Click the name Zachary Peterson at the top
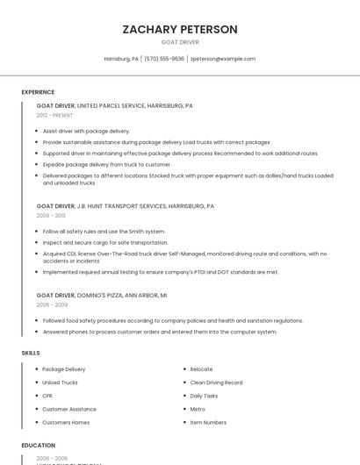point(180,29)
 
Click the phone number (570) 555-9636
point(164,59)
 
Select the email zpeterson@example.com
point(223,59)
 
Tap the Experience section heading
point(38,92)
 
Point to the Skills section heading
point(31,353)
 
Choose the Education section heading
point(39,446)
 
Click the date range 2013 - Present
point(54,115)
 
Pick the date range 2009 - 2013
point(51,215)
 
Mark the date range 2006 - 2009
point(51,304)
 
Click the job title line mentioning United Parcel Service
point(115,105)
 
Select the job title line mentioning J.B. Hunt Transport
point(126,205)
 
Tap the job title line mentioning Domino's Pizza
point(102,295)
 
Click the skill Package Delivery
point(64,369)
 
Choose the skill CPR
point(47,396)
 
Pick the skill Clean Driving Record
point(216,383)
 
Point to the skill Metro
point(198,409)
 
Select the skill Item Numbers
point(208,422)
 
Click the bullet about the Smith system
point(104,232)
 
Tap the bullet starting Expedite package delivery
point(106,164)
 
